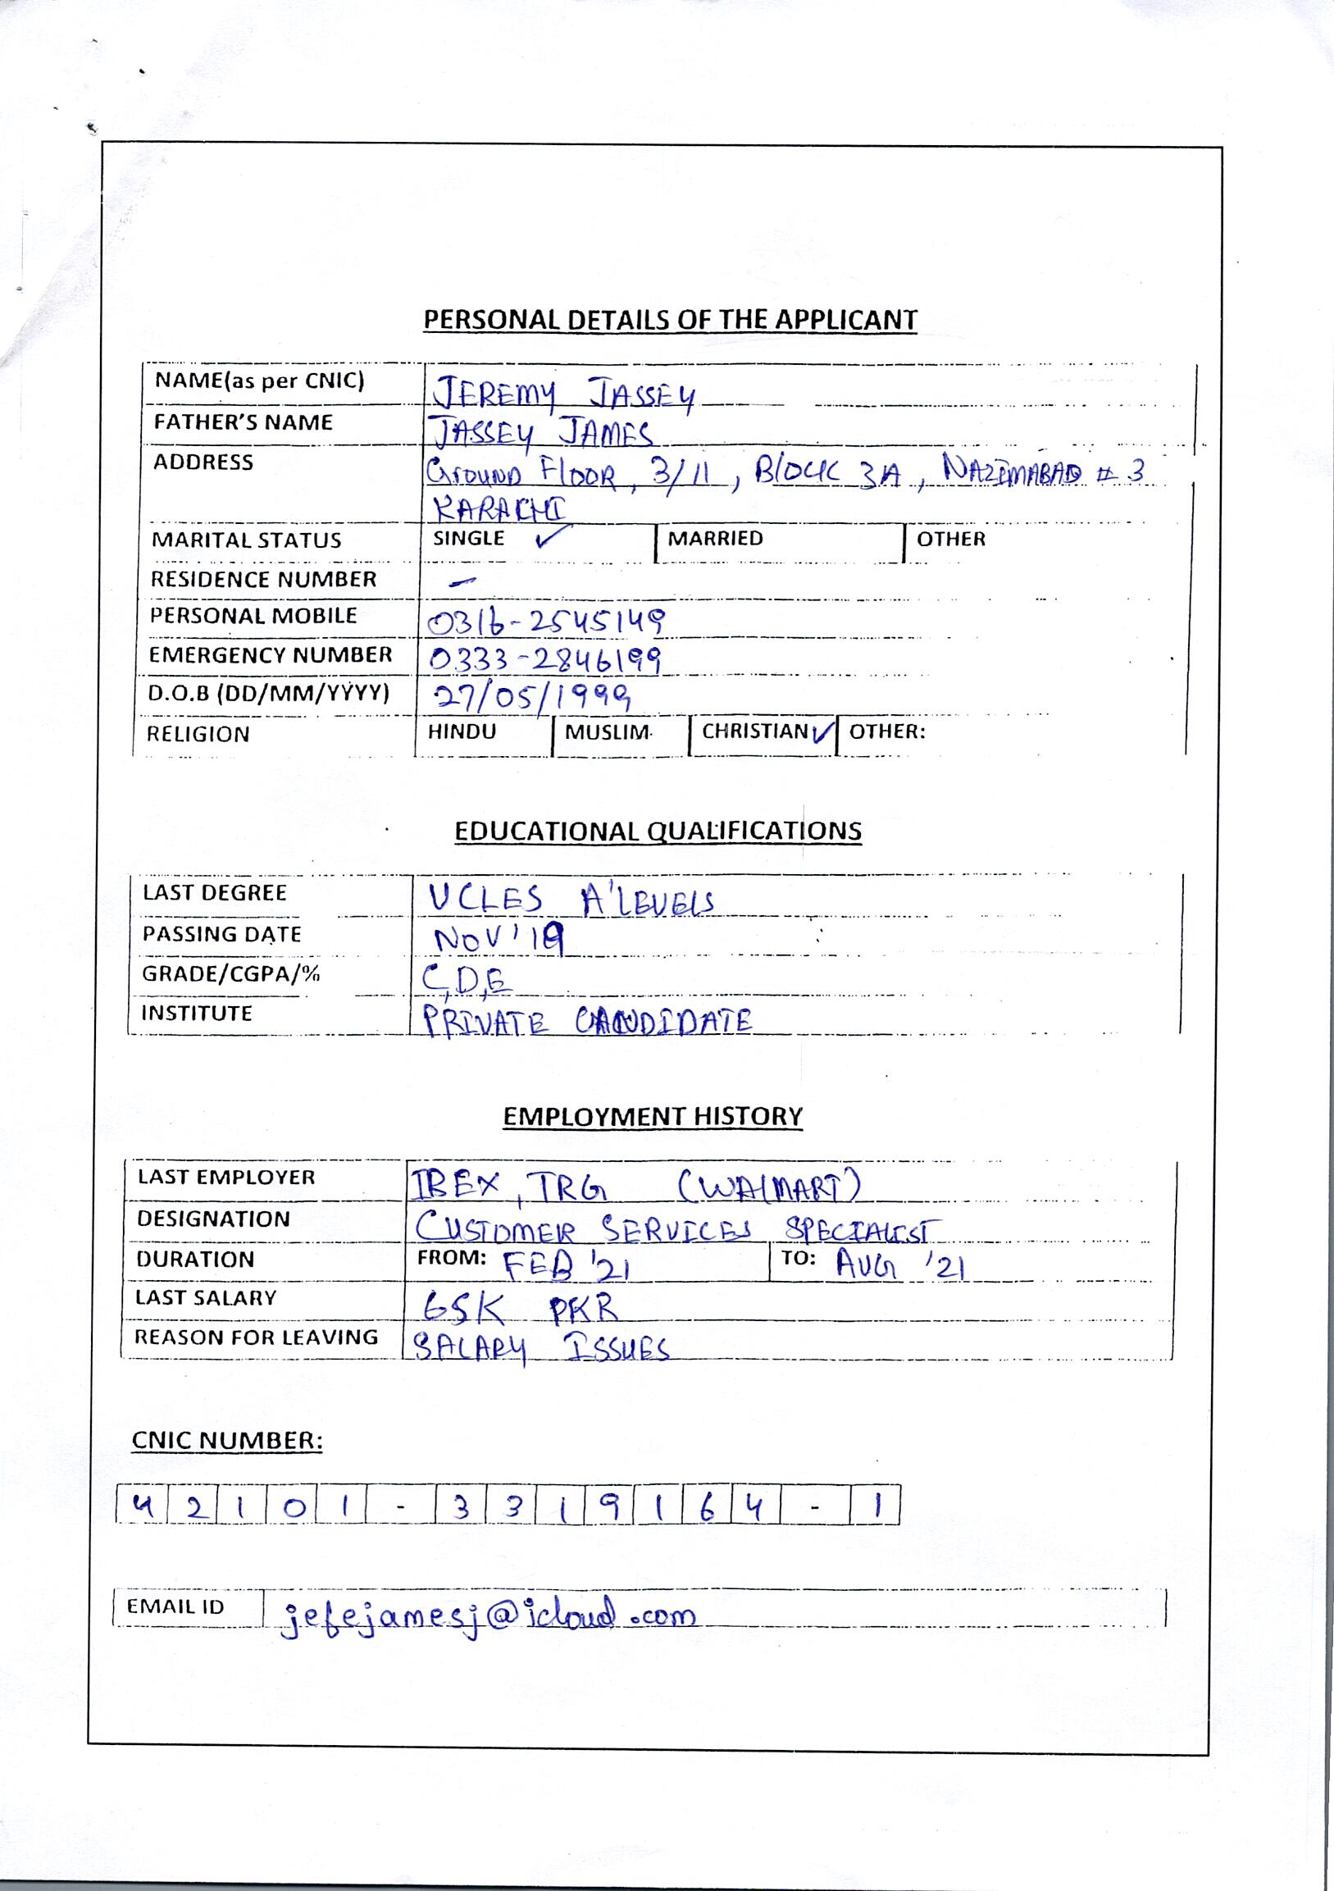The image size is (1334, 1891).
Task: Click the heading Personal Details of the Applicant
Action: click(670, 320)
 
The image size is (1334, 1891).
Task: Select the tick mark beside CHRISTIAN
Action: click(822, 732)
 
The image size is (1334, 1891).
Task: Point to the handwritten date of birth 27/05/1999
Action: click(533, 698)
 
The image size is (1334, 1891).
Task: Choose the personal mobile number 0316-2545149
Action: click(546, 622)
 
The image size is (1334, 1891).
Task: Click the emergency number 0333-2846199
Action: click(546, 658)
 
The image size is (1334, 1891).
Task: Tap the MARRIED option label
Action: click(715, 539)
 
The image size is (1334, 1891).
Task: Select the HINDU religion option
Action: click(462, 732)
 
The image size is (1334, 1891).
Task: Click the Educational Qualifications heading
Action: click(658, 831)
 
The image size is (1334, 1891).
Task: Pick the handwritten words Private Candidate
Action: click(586, 1022)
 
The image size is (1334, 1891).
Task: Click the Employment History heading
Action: click(652, 1117)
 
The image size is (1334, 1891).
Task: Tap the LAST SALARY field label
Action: click(206, 1298)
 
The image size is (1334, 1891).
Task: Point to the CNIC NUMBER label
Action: click(227, 1442)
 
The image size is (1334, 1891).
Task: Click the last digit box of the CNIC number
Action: click(878, 1506)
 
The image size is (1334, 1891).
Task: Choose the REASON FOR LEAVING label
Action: click(256, 1337)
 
